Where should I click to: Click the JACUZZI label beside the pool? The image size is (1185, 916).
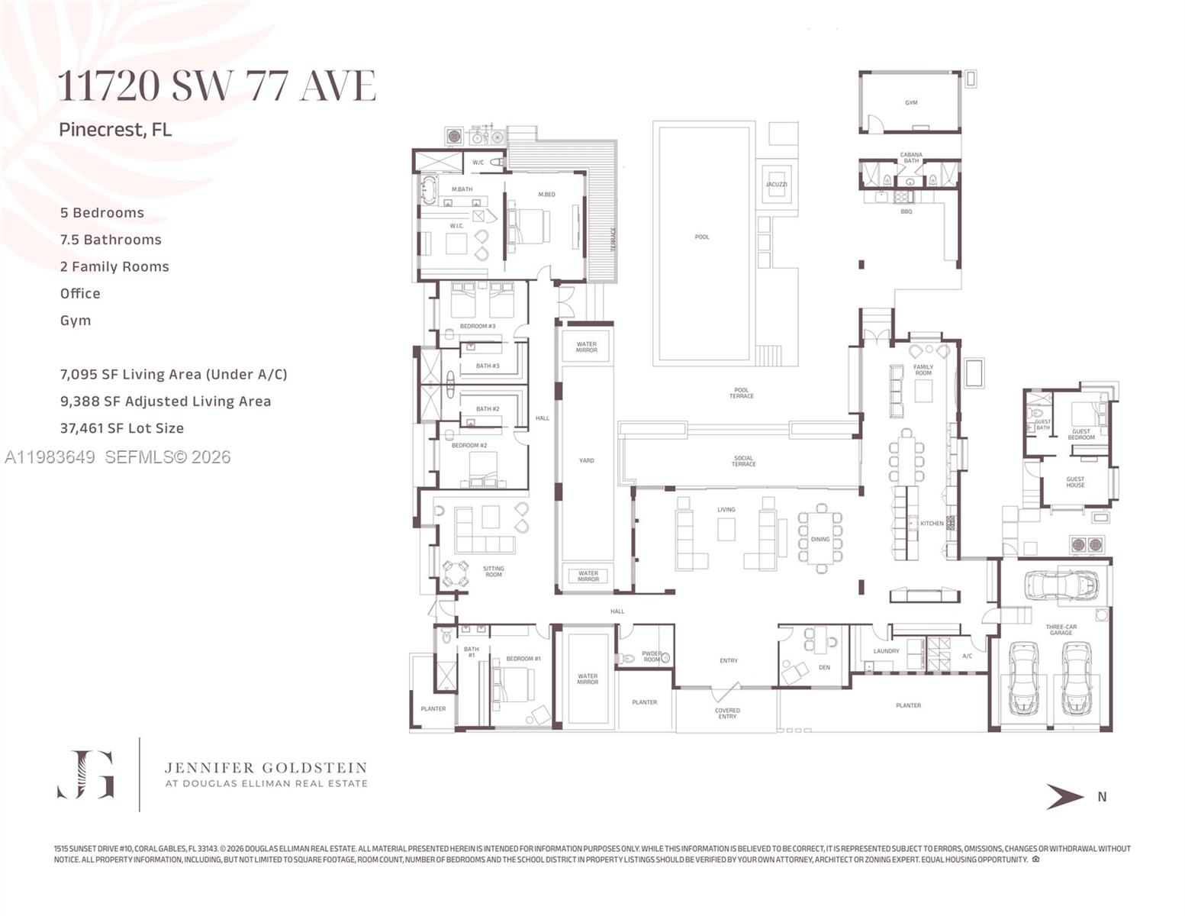coord(776,185)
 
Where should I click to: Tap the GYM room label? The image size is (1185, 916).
coord(911,102)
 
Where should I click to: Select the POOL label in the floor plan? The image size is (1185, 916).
coord(702,237)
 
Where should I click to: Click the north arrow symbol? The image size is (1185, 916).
coord(1064,796)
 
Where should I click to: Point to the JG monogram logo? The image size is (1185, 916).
coord(86,774)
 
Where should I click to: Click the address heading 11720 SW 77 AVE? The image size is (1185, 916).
coord(217,85)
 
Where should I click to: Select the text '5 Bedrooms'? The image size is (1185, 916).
coord(102,213)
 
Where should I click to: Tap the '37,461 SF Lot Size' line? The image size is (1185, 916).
coord(122,428)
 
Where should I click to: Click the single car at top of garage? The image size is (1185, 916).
coord(1061,585)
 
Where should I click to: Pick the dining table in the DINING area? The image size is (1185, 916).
coord(820,538)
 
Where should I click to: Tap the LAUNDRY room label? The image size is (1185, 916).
coord(886,651)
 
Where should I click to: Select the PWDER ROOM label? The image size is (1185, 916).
coord(651,656)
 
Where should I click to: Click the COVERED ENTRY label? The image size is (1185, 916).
coord(727,714)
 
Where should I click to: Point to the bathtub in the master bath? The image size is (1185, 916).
coord(428,190)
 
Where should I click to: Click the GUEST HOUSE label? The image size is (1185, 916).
coord(1075,482)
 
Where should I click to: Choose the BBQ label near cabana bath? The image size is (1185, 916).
coord(906,211)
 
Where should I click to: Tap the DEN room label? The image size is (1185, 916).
coord(824,667)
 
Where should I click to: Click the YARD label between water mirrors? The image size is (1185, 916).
coord(586,460)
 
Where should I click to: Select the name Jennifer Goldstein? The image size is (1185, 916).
coord(266,768)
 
